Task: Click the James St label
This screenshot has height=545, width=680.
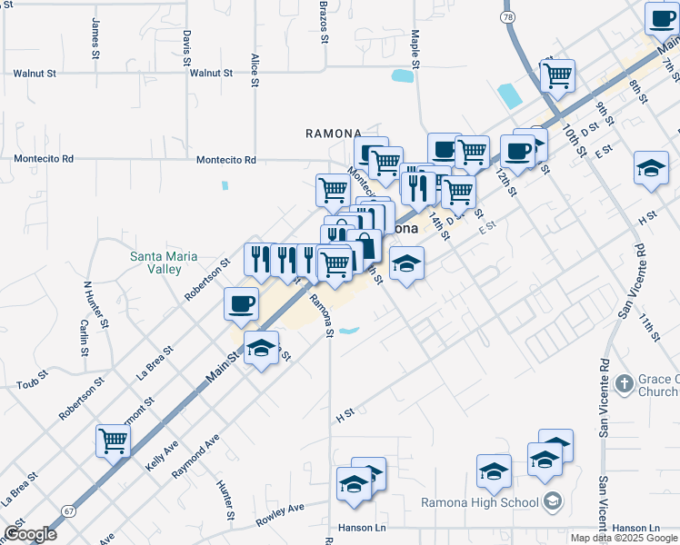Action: (95, 39)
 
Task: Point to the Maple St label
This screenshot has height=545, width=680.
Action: (415, 49)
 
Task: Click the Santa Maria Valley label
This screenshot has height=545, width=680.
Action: (163, 263)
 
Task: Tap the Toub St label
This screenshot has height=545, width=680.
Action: (32, 384)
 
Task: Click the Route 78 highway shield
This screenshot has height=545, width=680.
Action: (508, 17)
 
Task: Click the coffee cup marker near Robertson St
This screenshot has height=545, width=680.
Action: (241, 304)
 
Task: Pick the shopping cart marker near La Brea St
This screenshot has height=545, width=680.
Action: (114, 441)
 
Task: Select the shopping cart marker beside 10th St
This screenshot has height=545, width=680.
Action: (557, 75)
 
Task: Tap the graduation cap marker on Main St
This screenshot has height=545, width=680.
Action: (262, 348)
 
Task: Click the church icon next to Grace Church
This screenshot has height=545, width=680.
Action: (624, 384)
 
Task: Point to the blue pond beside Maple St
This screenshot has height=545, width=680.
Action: (400, 76)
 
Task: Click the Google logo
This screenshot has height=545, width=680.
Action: (30, 534)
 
